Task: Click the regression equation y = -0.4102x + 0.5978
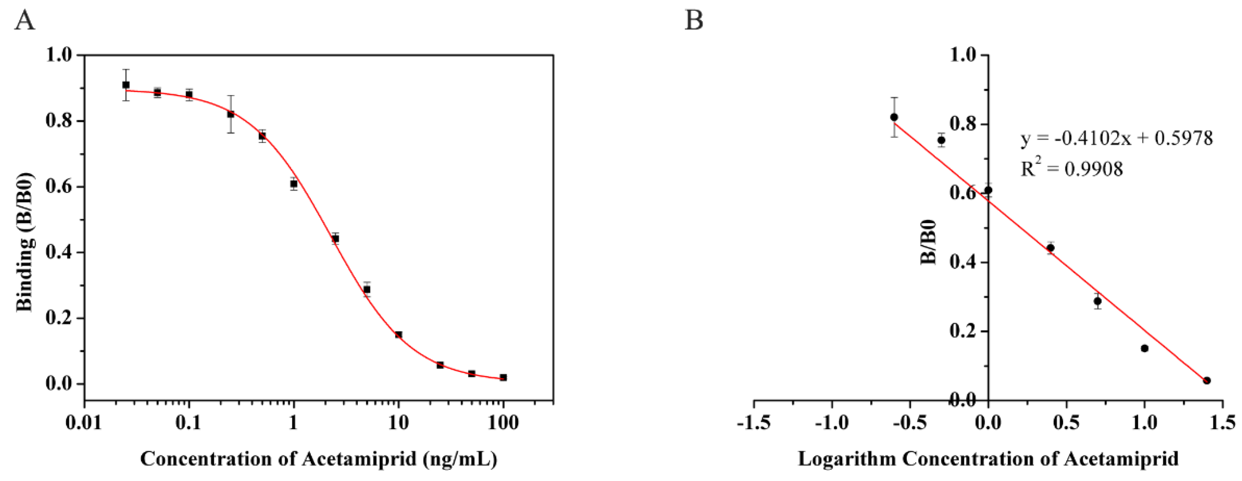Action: tap(1117, 139)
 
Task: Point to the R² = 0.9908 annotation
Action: tap(1071, 168)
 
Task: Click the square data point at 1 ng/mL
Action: tap(294, 183)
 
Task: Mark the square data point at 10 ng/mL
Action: tap(398, 335)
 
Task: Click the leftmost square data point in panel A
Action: tap(126, 85)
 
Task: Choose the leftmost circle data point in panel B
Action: tap(894, 117)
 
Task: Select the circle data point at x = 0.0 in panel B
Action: tap(988, 190)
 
